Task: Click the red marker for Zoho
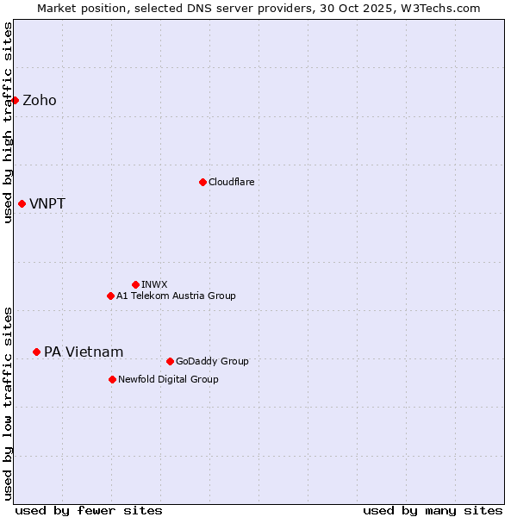(x=15, y=100)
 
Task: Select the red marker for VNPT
(x=22, y=203)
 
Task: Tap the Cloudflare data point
(x=202, y=182)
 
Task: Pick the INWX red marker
(x=135, y=284)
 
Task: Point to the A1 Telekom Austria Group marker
(x=110, y=296)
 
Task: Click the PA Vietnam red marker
(x=36, y=352)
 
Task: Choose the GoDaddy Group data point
(x=170, y=361)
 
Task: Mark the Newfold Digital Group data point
(x=112, y=379)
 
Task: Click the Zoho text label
(x=40, y=100)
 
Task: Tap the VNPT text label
(x=47, y=204)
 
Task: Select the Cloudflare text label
(x=231, y=182)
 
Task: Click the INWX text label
(x=154, y=284)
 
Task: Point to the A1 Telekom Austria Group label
(x=176, y=296)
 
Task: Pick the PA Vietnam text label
(x=84, y=352)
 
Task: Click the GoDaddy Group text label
(x=211, y=361)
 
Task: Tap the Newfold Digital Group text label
(x=168, y=379)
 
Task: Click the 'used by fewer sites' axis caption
(x=89, y=510)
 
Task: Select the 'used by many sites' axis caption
(x=433, y=510)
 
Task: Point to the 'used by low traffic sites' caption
(x=8, y=402)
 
